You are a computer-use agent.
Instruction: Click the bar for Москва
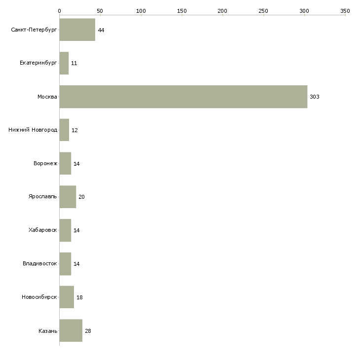coord(183,97)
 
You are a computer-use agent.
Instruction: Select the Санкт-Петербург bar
coord(77,30)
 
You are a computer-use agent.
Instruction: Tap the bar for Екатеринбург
coord(64,63)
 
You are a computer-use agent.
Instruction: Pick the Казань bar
coord(71,330)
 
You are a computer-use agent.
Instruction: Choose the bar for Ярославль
coord(68,197)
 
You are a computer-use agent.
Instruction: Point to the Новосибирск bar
coord(67,297)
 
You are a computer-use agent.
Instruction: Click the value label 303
coord(315,97)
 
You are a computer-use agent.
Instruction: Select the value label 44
coord(101,30)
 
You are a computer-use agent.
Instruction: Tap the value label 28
coord(88,331)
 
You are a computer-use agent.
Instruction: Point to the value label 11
coord(74,63)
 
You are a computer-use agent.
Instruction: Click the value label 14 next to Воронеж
coord(76,164)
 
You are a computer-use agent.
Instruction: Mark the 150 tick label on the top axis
coord(181,11)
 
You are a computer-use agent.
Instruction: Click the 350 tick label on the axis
coord(345,11)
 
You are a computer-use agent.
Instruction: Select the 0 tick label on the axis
coord(60,11)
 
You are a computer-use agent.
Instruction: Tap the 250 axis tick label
coord(263,11)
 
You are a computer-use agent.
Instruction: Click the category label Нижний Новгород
coord(33,130)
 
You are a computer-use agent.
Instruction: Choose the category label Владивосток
coord(40,263)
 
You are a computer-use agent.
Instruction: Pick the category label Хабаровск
coord(43,230)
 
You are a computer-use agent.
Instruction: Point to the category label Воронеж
coord(45,163)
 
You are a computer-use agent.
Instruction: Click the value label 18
coord(79,297)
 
